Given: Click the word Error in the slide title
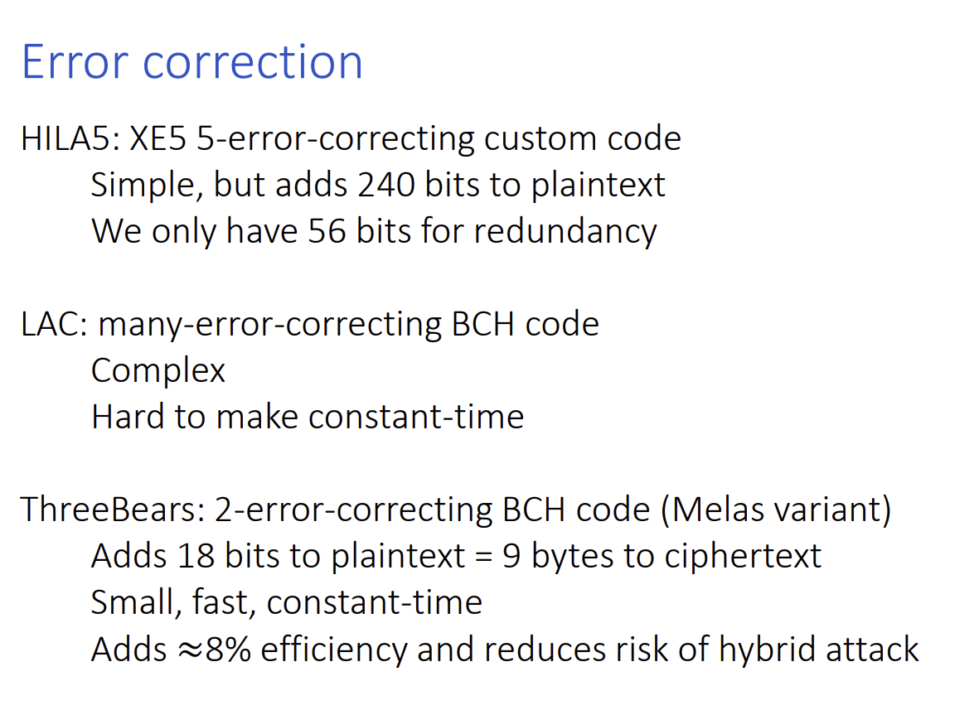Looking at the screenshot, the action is [75, 62].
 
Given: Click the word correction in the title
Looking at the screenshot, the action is [252, 62].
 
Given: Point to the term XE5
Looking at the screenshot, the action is [158, 138].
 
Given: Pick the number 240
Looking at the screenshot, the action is [385, 184].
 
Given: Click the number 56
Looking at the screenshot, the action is [327, 230].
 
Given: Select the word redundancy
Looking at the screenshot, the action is [565, 232].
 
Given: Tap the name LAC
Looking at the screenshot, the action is [54, 324].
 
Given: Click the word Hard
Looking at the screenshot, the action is [128, 416].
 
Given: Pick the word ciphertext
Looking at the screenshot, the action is [743, 557].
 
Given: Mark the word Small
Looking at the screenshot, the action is [136, 602].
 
